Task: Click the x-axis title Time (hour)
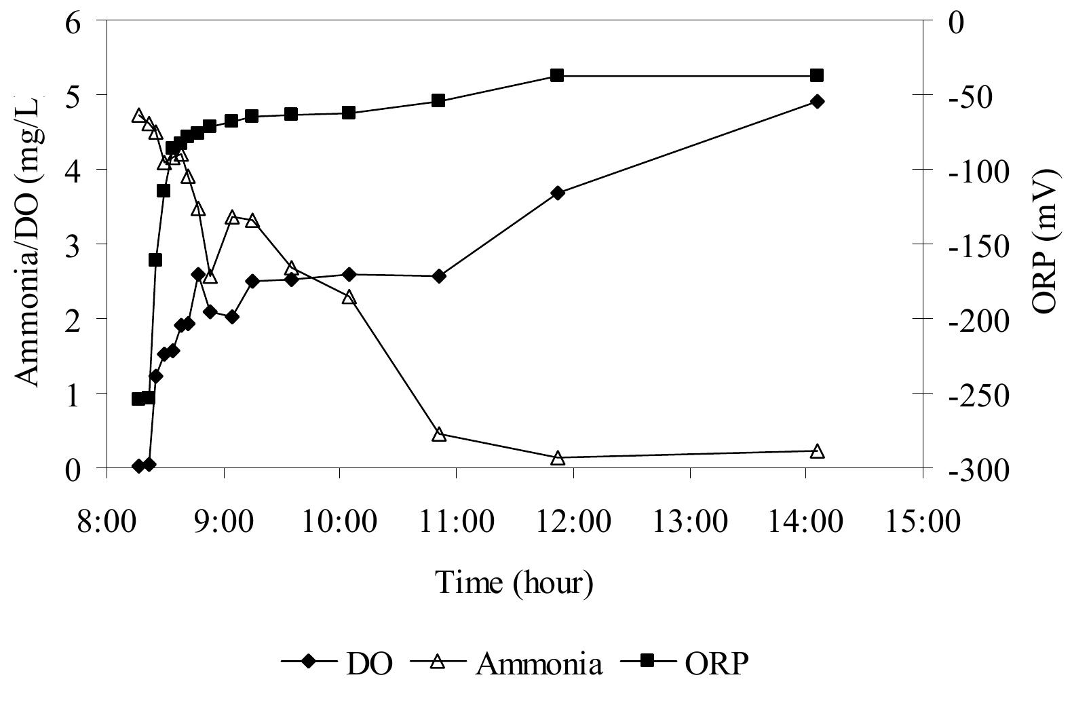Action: click(x=514, y=583)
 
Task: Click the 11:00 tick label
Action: click(x=457, y=522)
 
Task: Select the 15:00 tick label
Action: click(x=922, y=522)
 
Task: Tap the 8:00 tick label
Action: click(x=107, y=522)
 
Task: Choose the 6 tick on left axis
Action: click(x=72, y=22)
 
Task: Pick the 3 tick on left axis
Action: click(x=72, y=245)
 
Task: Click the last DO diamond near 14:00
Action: click(x=817, y=102)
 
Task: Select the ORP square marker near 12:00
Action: click(x=557, y=75)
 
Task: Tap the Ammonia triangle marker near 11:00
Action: click(x=439, y=435)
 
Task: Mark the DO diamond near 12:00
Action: click(x=558, y=193)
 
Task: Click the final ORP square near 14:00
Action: click(x=817, y=75)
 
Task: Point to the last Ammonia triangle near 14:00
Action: click(x=817, y=451)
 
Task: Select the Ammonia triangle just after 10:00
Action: click(x=349, y=298)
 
